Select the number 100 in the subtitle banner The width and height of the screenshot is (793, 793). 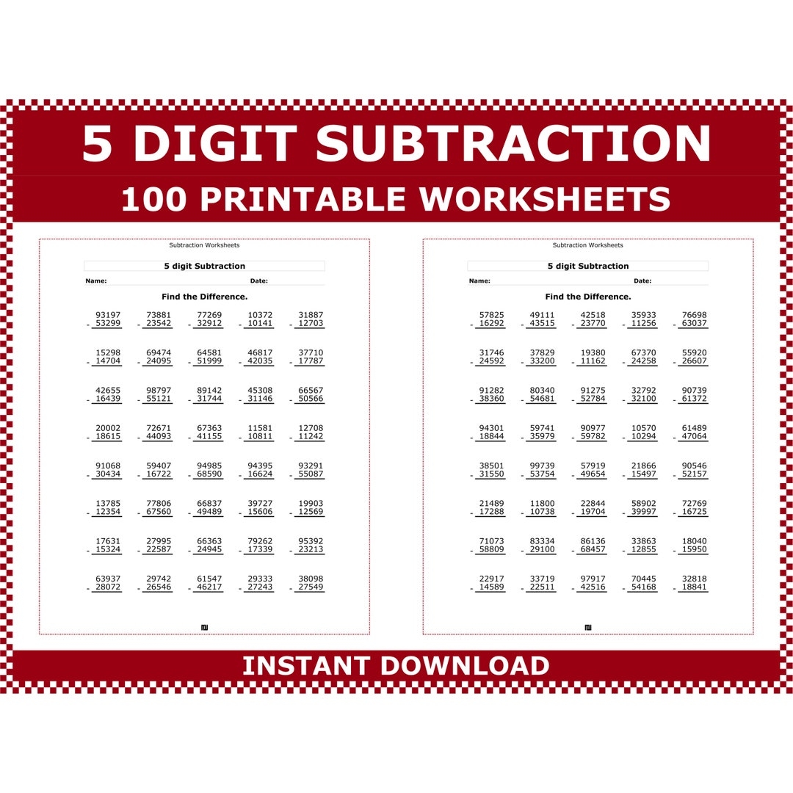pyautogui.click(x=154, y=200)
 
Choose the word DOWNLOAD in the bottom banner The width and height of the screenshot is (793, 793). pyautogui.click(x=466, y=666)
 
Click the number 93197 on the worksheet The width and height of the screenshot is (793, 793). pyautogui.click(x=108, y=315)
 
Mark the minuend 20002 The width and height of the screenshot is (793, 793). pyautogui.click(x=108, y=428)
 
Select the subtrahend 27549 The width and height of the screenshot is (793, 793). pyautogui.click(x=311, y=587)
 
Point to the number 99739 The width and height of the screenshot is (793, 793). pyautogui.click(x=543, y=466)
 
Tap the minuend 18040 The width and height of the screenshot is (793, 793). pyautogui.click(x=694, y=541)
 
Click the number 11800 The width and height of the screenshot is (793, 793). pyautogui.click(x=543, y=504)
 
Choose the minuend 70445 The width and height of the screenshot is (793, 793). pyautogui.click(x=644, y=579)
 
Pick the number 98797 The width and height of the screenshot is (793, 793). pyautogui.click(x=159, y=391)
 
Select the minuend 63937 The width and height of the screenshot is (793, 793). pyautogui.click(x=108, y=579)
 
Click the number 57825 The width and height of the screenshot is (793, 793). pyautogui.click(x=492, y=315)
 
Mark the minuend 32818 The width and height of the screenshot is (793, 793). pyautogui.click(x=694, y=579)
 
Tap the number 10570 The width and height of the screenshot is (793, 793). pyautogui.click(x=644, y=428)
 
